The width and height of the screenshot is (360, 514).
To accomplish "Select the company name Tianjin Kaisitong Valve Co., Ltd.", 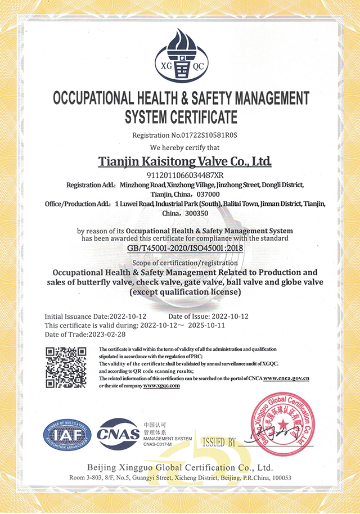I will (x=185, y=161).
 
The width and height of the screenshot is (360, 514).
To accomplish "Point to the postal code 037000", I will (x=208, y=193).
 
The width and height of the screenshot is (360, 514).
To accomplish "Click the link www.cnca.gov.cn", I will (x=286, y=378).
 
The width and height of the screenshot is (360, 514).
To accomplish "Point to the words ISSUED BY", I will (x=219, y=443).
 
